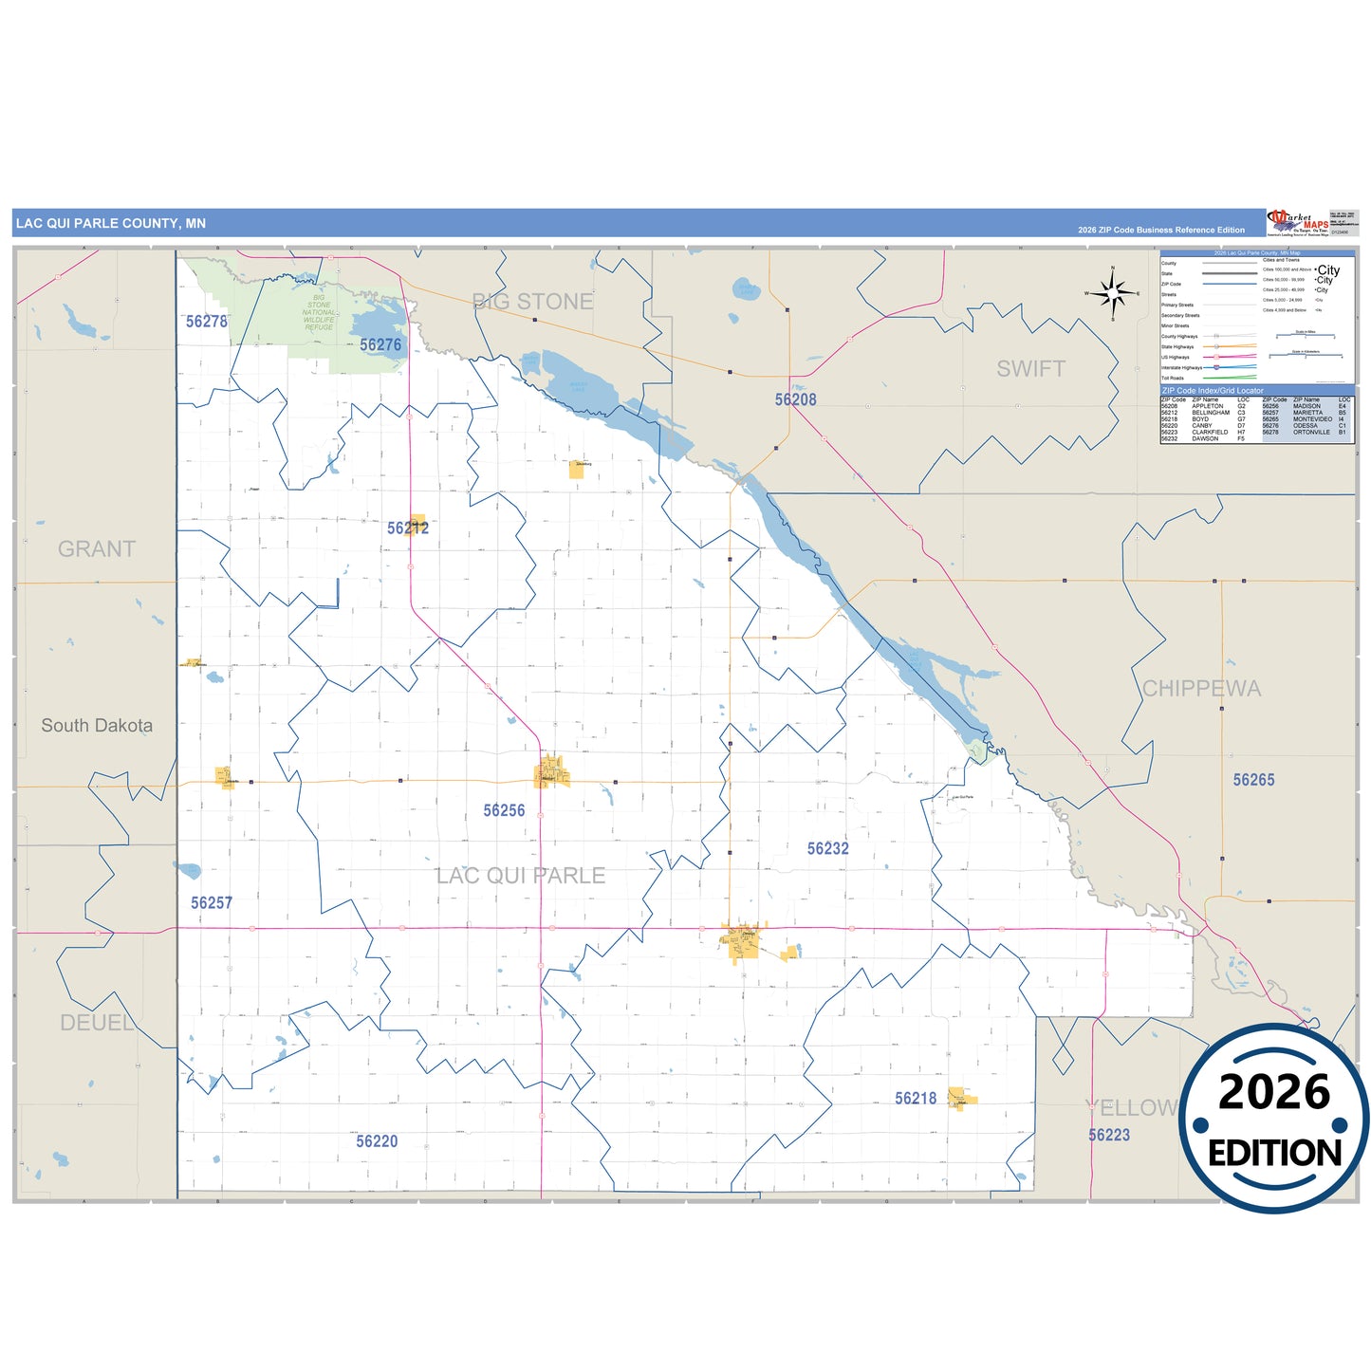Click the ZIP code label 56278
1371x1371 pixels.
click(x=207, y=322)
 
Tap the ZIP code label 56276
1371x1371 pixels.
click(x=380, y=345)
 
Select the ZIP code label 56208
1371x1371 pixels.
click(x=795, y=399)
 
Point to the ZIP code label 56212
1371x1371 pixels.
click(x=408, y=528)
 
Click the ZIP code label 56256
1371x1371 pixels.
click(x=504, y=810)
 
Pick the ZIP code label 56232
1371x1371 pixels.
click(x=827, y=848)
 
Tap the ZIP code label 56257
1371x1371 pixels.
click(x=212, y=902)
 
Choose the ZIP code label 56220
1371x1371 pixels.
click(x=377, y=1141)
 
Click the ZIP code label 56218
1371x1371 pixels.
click(x=916, y=1098)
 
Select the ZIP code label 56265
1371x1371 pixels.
click(x=1253, y=780)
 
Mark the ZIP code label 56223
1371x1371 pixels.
click(x=1109, y=1135)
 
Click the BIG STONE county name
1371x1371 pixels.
click(x=533, y=302)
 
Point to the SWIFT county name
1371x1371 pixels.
click(x=1030, y=369)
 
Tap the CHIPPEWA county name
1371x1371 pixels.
click(x=1201, y=689)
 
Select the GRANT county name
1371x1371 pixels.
click(x=97, y=549)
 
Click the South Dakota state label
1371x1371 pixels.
click(x=97, y=726)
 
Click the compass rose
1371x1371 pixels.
click(x=1113, y=294)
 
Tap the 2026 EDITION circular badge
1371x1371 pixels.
click(x=1274, y=1119)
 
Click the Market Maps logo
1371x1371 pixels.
click(x=1298, y=223)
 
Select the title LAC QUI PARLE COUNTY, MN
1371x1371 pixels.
click(x=111, y=224)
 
